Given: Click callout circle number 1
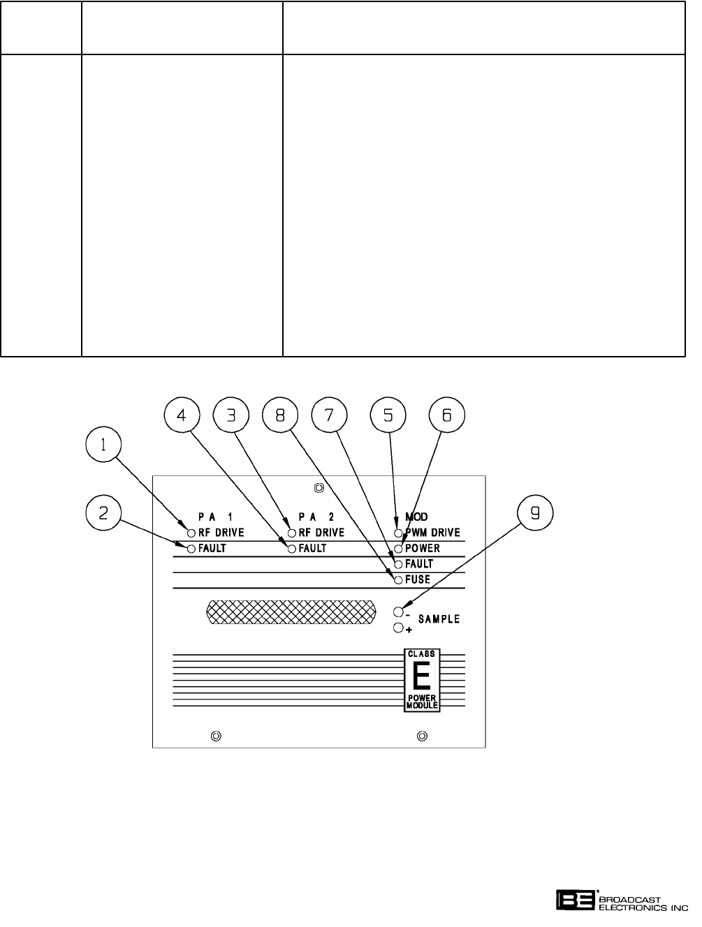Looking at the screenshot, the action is (103, 444).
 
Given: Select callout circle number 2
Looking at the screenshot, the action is (103, 513).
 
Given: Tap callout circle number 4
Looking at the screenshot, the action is (182, 415).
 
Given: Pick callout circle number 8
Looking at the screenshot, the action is (279, 415).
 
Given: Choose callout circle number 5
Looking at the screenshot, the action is (388, 415).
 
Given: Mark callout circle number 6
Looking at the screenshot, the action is (446, 415).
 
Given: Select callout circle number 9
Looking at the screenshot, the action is (534, 513).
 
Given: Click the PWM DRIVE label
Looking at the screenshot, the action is (432, 533).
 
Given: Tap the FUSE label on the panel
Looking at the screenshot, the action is (418, 580).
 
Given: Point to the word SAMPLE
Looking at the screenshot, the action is (439, 619).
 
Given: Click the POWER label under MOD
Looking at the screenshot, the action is (423, 549).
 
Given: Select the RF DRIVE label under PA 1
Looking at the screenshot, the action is (221, 533).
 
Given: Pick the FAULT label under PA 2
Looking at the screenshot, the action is (312, 549).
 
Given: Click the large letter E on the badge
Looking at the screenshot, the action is (421, 676).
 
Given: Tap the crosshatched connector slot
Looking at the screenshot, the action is (290, 612).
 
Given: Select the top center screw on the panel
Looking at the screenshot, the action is (319, 488).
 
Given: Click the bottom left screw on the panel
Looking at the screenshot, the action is (216, 736).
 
